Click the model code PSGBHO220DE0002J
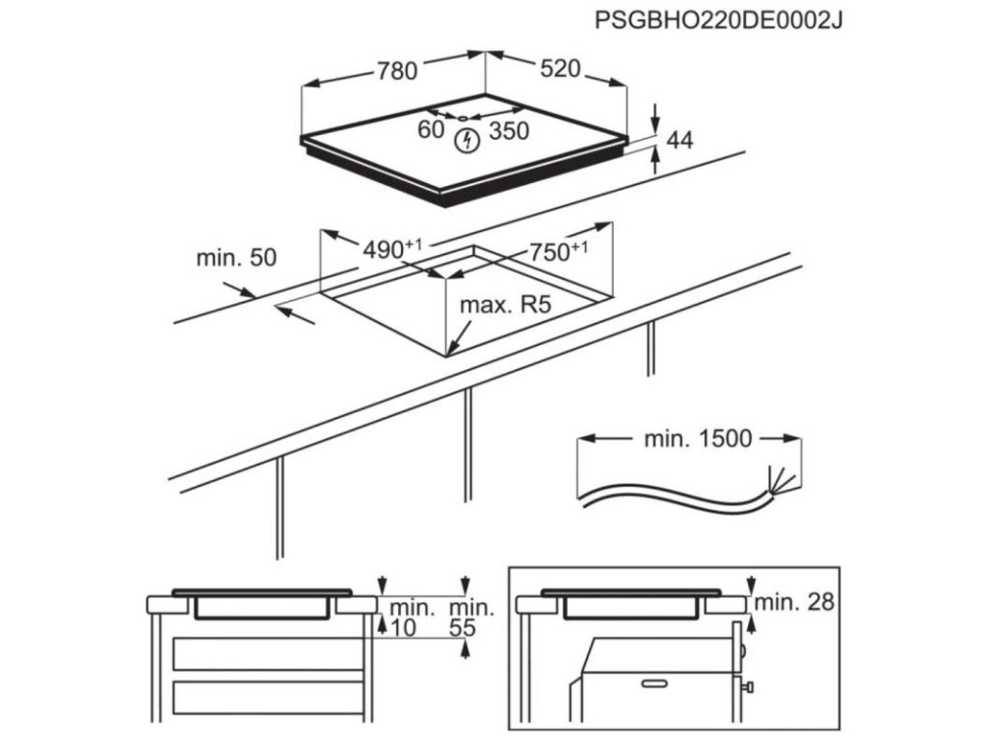coord(719,20)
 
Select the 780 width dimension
coord(395,70)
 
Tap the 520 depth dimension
coord(560,69)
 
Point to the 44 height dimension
coord(680,141)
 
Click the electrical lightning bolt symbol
coord(467,141)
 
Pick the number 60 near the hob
coord(430,129)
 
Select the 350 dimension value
coord(509,131)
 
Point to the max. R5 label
coord(504,306)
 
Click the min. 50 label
coord(236,257)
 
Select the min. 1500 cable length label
coord(696,439)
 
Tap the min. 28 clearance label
coord(794,603)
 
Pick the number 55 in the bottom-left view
coord(464,629)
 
